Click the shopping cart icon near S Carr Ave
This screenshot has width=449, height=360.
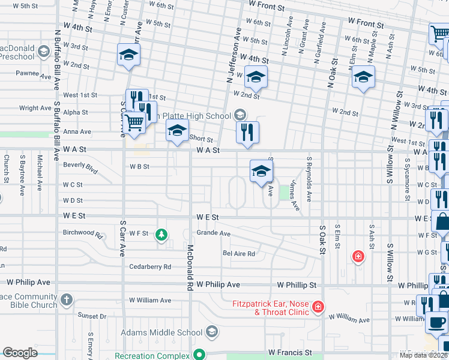point(135,122)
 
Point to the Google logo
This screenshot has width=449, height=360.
point(20,353)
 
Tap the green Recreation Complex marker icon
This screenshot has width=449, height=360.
point(203,355)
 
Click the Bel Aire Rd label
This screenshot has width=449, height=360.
point(239,254)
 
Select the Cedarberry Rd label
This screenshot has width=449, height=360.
point(150,266)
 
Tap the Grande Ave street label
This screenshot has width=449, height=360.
point(214,233)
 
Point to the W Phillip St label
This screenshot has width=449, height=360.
point(297,284)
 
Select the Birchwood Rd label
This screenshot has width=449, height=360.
point(79,232)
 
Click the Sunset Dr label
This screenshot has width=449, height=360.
point(91,315)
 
